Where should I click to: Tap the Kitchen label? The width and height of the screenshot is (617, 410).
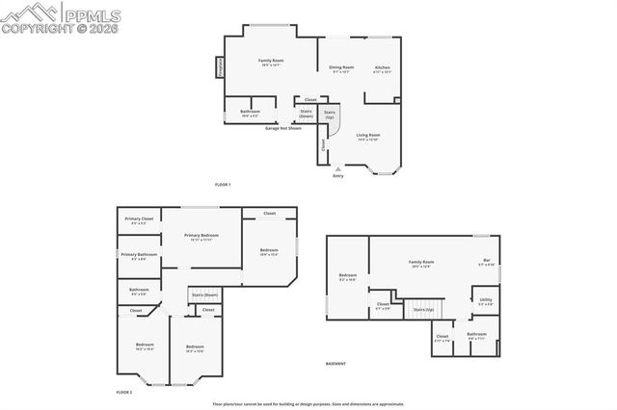point(382,68)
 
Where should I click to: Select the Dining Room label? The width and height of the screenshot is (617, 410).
point(342,68)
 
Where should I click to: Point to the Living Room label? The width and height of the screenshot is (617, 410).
point(368,137)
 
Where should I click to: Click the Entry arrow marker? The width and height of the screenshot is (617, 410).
point(337,170)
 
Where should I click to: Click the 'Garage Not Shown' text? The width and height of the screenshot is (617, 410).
point(283,127)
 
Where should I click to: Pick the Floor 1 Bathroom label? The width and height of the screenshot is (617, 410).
point(250,112)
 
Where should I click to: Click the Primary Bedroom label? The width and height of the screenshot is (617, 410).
point(201,237)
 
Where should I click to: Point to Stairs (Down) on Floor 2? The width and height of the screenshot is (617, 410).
point(204,295)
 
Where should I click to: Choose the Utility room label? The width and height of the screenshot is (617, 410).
point(485,301)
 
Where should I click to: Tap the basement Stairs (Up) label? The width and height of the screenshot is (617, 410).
point(423,310)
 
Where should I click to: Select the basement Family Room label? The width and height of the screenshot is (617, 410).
point(421,263)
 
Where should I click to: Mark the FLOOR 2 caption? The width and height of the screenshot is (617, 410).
point(123,393)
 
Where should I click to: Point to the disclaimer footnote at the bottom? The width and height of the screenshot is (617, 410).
point(308,404)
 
